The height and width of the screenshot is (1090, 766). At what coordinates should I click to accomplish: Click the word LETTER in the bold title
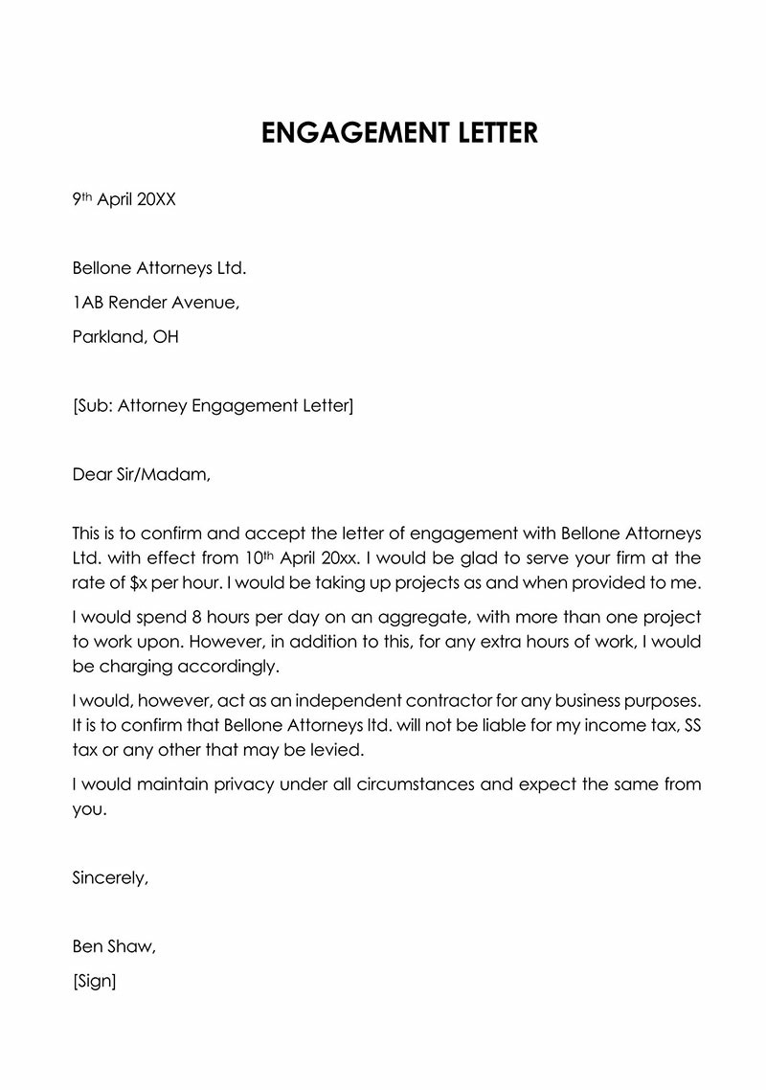point(484,133)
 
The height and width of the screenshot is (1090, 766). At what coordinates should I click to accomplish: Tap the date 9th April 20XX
point(124,200)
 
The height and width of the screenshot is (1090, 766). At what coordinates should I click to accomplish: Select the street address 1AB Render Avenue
point(155,303)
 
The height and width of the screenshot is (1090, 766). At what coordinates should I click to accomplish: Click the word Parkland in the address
point(107,337)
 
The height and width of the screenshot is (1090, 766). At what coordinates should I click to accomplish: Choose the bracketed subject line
point(213,406)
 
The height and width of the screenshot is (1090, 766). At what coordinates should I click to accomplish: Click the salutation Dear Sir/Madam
point(140,474)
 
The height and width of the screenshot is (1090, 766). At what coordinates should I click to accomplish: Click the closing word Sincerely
point(110,876)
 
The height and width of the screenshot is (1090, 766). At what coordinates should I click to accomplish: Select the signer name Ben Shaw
point(112,946)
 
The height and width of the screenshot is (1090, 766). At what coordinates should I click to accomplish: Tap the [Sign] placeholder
point(94,982)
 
